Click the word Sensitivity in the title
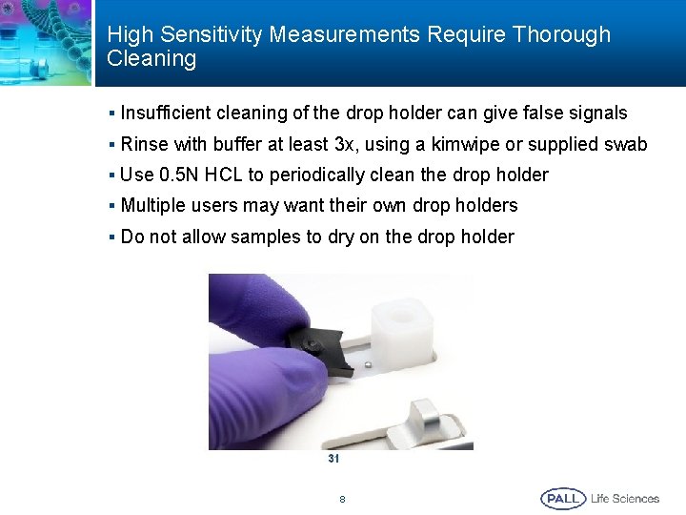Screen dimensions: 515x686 (214, 35)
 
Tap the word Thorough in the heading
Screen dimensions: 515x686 (561, 35)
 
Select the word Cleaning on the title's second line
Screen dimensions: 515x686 (151, 59)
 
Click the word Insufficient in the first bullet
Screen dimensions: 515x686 (166, 113)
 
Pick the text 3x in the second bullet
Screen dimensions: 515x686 (345, 144)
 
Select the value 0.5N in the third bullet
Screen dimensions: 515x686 (177, 175)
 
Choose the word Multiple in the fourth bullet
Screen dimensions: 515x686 (151, 205)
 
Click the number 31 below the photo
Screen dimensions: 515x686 (333, 459)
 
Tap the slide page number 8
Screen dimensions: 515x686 (342, 499)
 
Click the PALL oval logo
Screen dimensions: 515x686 (563, 498)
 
